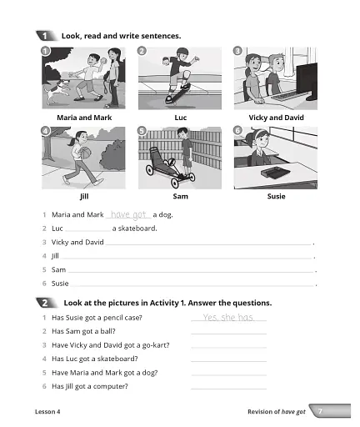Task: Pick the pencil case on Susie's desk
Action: (274, 173)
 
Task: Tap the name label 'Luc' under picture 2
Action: (179, 118)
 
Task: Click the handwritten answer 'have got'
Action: (128, 214)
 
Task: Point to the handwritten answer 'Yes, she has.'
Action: (227, 318)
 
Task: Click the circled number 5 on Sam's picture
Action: (142, 131)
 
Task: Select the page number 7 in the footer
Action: (320, 411)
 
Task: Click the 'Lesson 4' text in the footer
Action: (48, 412)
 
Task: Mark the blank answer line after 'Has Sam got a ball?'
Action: (228, 332)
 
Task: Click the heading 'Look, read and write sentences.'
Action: (121, 36)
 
